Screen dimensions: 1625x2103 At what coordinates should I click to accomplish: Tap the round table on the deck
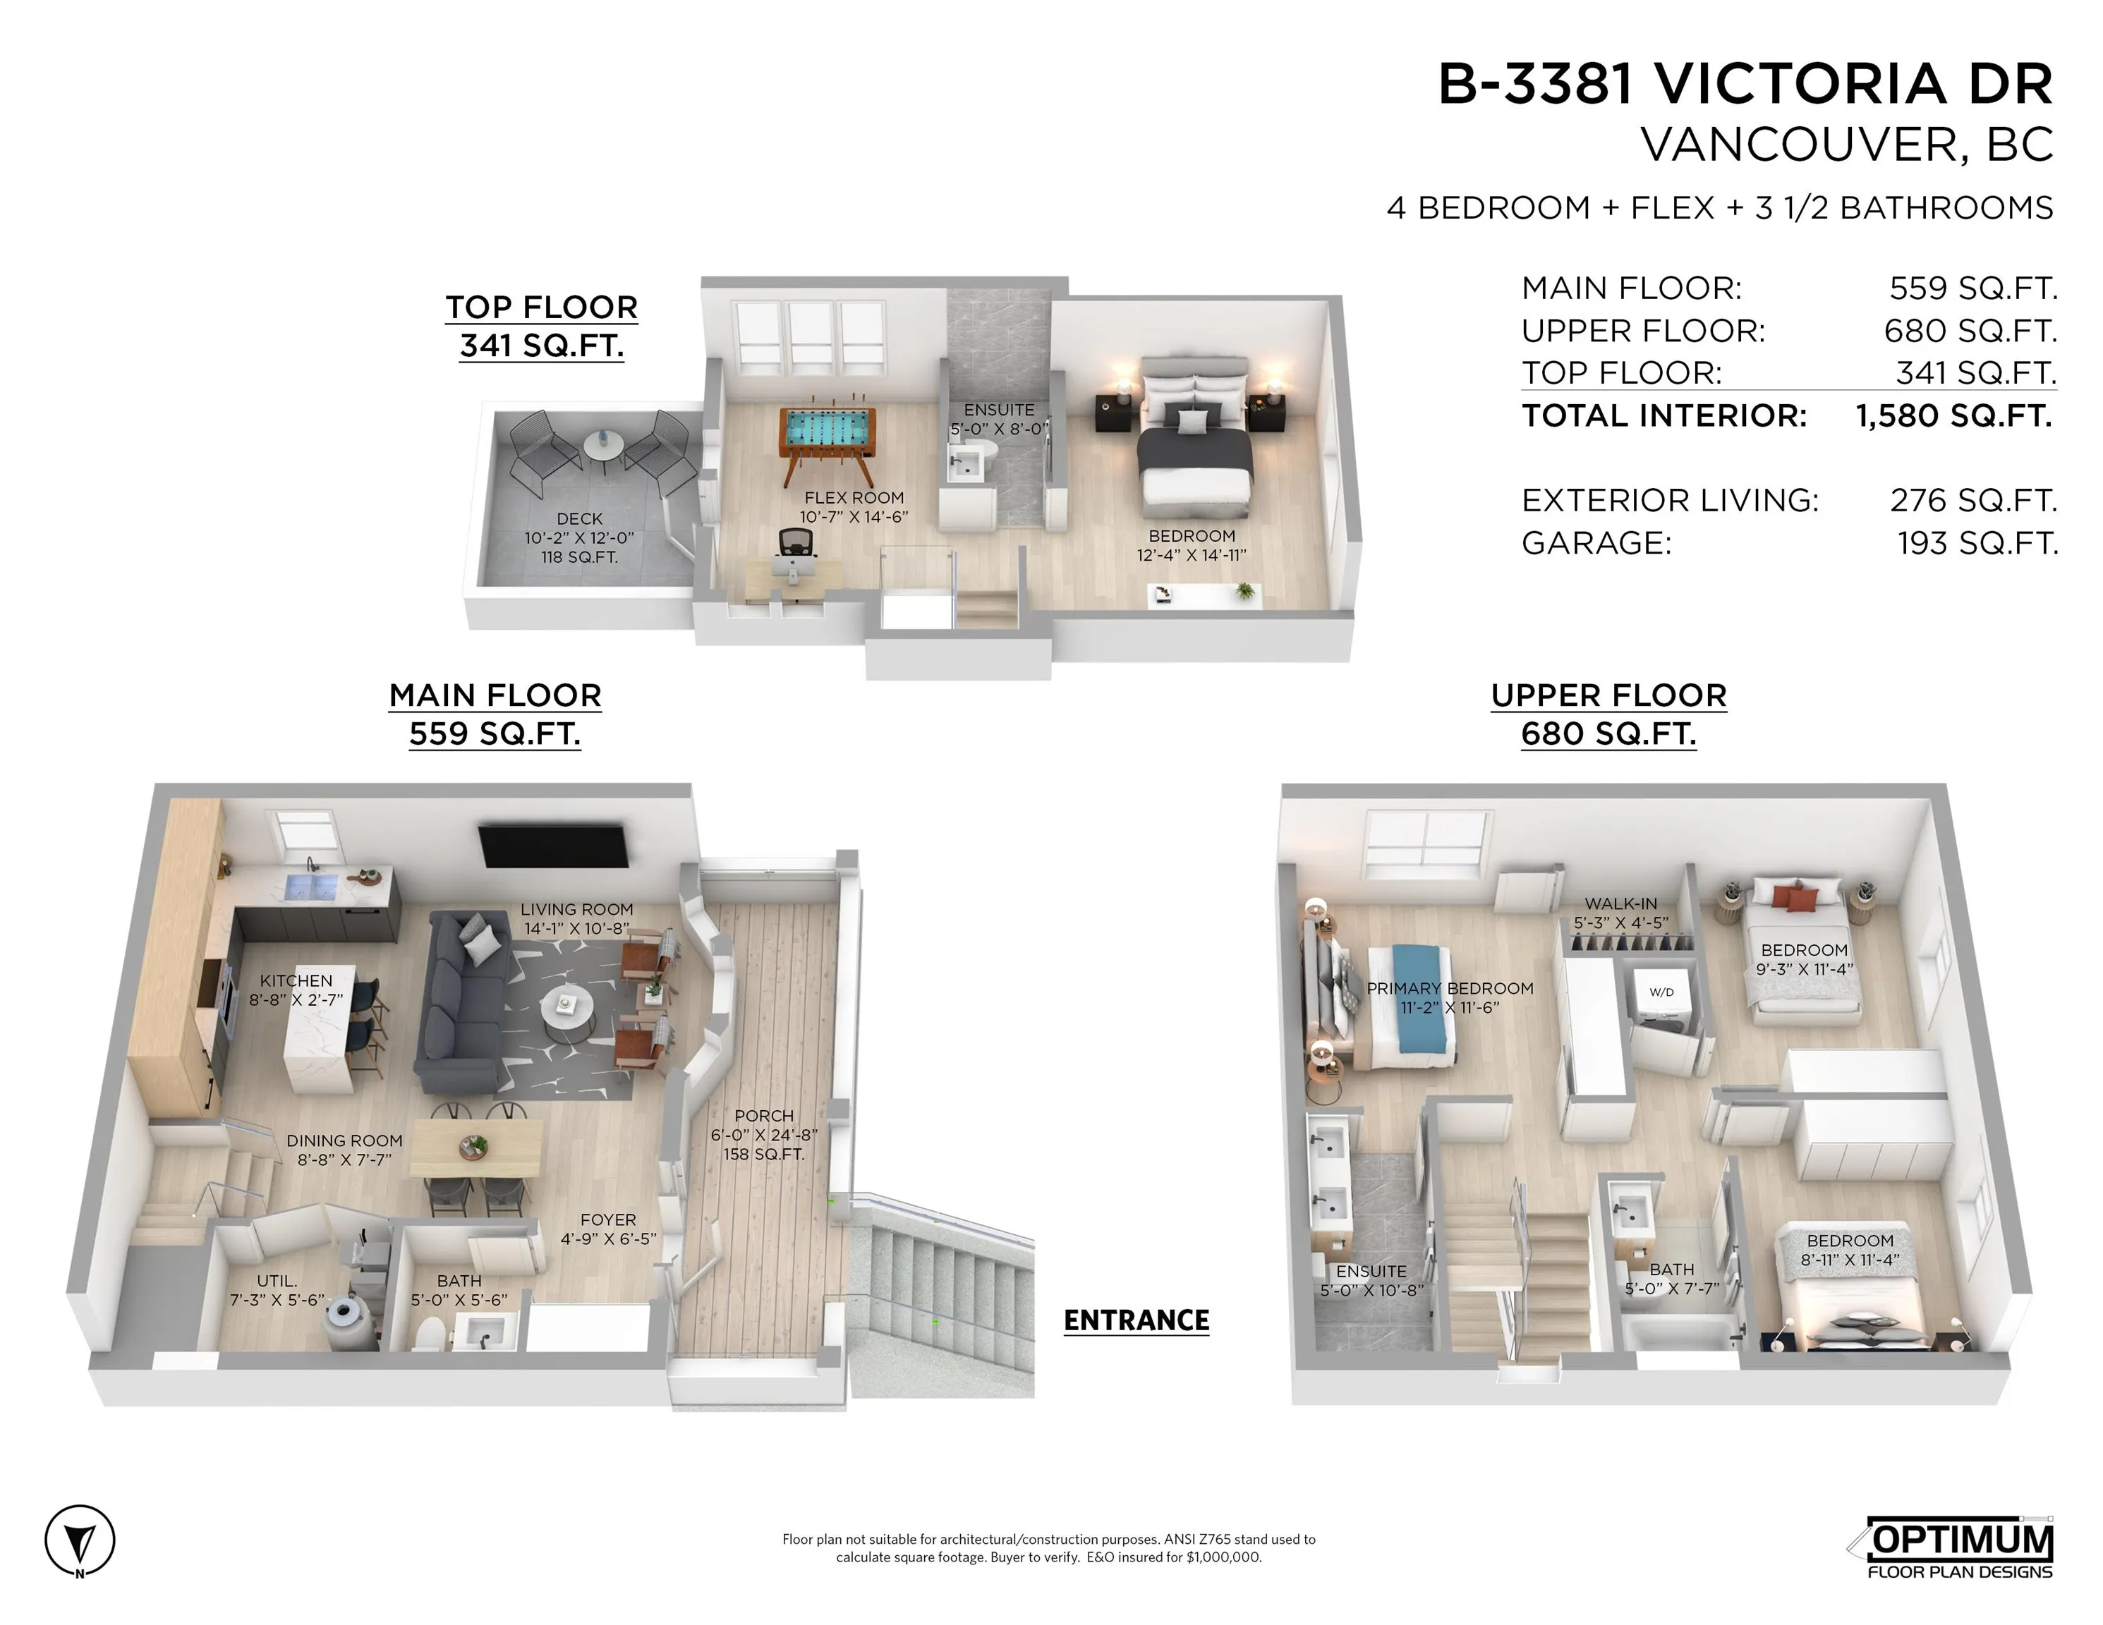tap(602, 446)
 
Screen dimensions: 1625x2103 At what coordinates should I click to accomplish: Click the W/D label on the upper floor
tap(1661, 992)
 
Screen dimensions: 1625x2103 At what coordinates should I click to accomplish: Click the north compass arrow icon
tap(79, 1541)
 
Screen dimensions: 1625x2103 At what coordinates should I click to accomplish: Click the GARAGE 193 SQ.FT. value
tap(1977, 543)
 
